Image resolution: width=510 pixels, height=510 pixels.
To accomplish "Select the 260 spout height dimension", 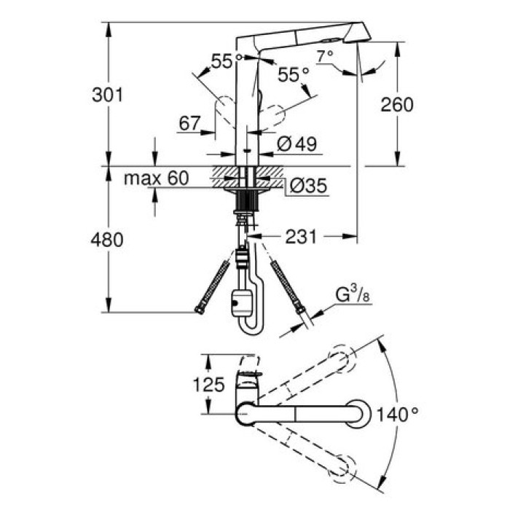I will (397, 103).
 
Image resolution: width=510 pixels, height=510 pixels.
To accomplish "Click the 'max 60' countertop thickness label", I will (155, 177).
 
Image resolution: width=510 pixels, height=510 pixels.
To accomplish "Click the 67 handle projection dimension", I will (189, 123).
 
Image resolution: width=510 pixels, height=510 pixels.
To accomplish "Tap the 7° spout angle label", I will (325, 55).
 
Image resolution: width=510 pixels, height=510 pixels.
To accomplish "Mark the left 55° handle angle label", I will (221, 63).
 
